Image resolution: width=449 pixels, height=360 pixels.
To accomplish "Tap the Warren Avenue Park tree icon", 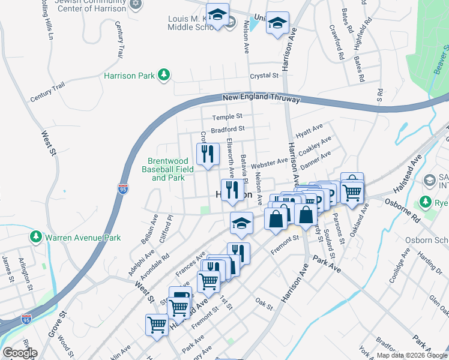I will tap(36, 238).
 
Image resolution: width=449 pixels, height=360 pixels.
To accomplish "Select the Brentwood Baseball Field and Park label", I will tap(171, 169).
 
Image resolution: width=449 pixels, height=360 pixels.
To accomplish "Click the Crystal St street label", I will tap(265, 76).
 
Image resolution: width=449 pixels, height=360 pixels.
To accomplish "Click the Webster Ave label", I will tap(270, 163).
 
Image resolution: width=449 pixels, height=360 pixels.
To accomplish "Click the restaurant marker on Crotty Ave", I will tap(207, 155).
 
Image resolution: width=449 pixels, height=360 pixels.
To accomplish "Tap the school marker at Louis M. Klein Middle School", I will tap(218, 14).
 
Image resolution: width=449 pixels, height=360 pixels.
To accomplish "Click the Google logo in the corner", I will tap(20, 353).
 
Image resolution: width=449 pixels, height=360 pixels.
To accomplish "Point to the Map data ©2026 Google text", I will tap(412, 355).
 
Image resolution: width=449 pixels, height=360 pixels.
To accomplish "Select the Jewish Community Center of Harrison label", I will tap(90, 5).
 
